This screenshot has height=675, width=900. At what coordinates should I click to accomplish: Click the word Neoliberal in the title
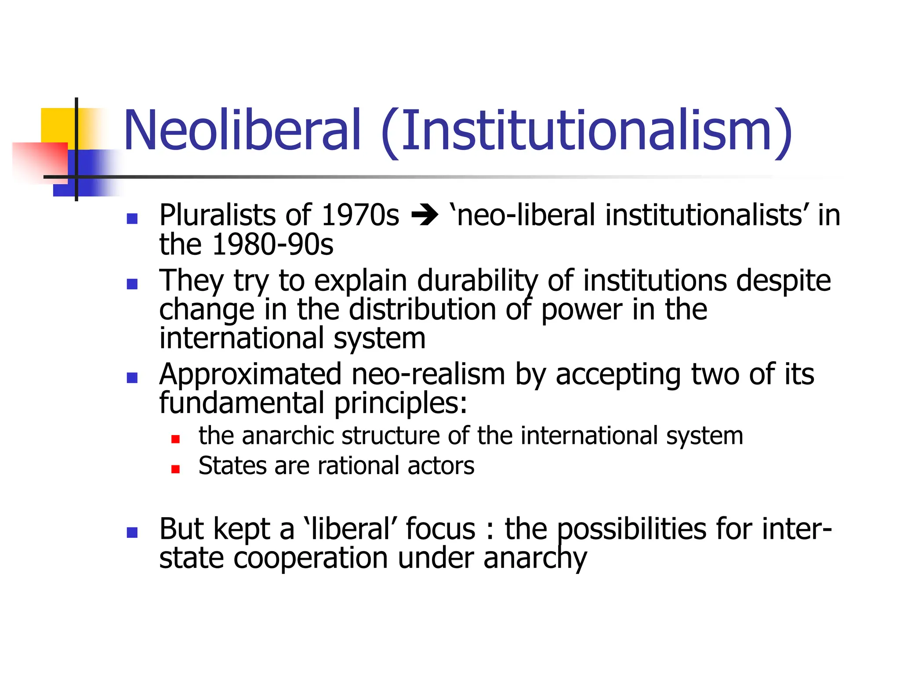pos(242,131)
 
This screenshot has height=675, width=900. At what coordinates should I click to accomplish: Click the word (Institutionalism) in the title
pos(587,132)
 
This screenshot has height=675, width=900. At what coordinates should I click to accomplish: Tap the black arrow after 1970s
pos(425,216)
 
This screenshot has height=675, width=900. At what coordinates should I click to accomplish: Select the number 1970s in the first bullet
pos(360,215)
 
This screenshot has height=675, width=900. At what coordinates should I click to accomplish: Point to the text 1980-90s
pos(272,244)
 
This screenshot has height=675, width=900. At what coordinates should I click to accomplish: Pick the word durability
pos(477,281)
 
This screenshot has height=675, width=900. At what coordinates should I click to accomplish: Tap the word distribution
pos(422,310)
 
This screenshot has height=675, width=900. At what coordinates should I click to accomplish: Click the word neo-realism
pos(428,374)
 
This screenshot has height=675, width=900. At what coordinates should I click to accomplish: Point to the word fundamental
pos(242,403)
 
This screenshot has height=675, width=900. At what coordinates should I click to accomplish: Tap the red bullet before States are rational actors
pos(176,469)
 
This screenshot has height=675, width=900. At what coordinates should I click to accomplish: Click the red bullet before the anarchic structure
pos(176,439)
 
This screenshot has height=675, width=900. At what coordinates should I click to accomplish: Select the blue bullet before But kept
pos(132,533)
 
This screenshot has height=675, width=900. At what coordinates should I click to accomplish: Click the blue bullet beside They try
pos(132,284)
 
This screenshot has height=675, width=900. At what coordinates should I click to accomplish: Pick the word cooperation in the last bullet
pos(310,558)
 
